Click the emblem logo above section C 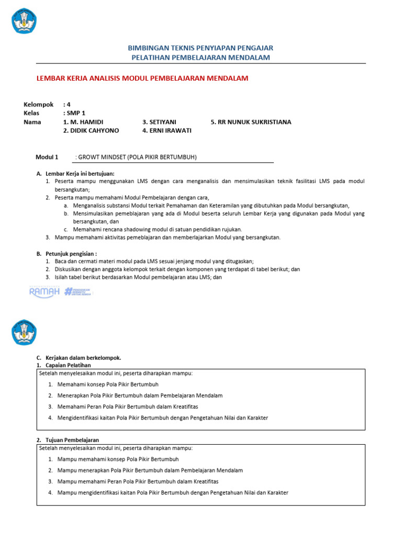point(24,332)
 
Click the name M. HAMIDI point(86,122)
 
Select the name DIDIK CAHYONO point(91,131)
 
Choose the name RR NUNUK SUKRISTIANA point(251,122)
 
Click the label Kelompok point(39,104)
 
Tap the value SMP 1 point(75,113)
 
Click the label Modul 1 point(47,157)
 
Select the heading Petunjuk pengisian point(71,253)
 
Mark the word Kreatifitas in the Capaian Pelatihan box point(184,406)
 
